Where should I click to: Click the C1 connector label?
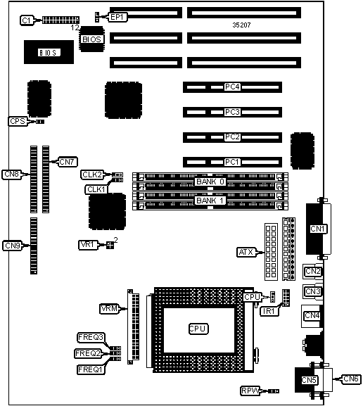point(27,20)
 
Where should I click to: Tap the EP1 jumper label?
point(117,17)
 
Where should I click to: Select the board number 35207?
point(241,25)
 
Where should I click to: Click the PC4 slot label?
point(232,87)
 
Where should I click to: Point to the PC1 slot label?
point(232,162)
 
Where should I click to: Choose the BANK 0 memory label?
point(210,182)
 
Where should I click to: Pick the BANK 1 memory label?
point(210,201)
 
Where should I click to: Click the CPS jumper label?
point(18,121)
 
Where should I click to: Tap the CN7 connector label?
point(68,162)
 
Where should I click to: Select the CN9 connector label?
point(13,246)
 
